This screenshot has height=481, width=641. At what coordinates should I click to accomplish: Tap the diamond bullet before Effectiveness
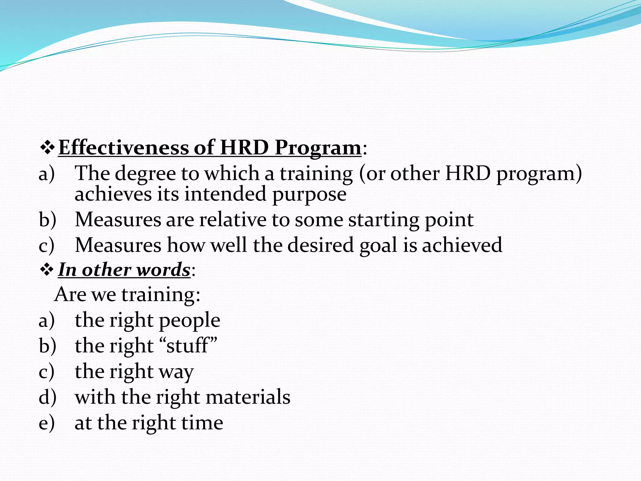[47, 148]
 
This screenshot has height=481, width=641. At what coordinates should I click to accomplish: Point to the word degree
[145, 174]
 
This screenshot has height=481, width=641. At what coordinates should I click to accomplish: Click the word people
[190, 321]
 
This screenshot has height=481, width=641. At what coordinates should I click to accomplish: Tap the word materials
[248, 397]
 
